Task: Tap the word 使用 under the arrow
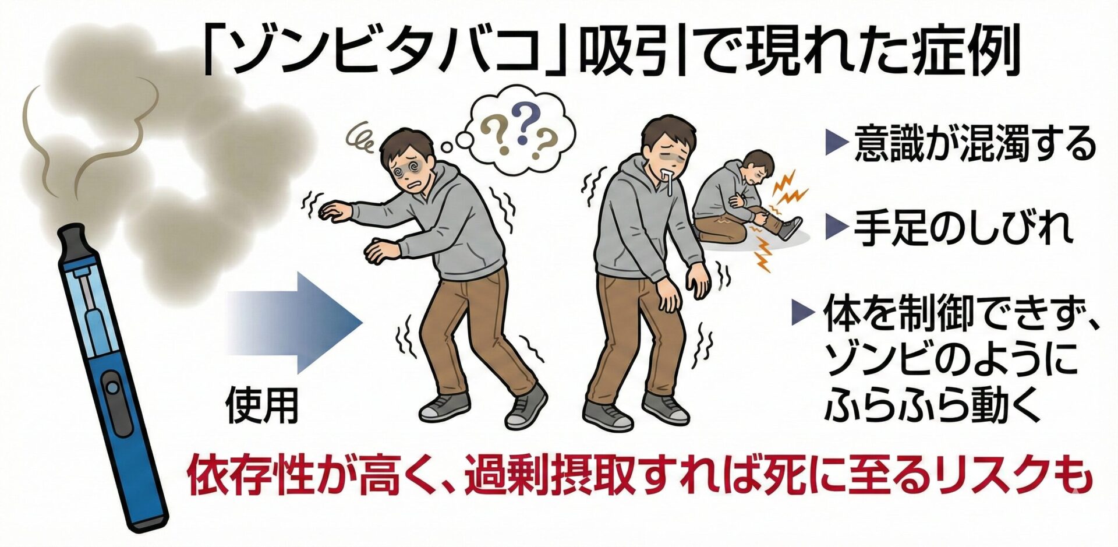point(262,405)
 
